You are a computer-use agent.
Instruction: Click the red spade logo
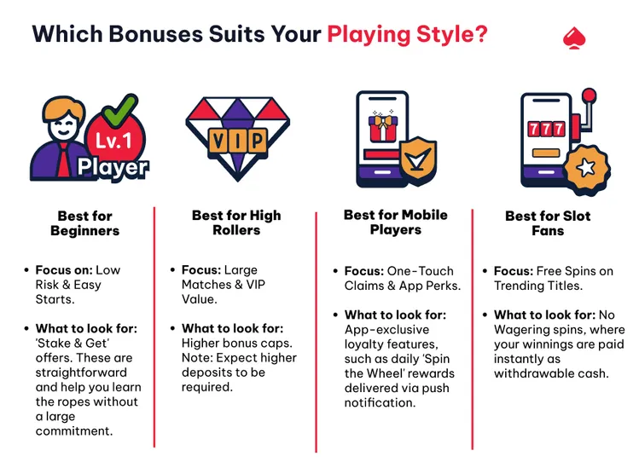click(574, 37)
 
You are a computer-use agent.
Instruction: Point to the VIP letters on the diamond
click(236, 139)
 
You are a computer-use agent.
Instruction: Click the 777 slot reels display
click(546, 130)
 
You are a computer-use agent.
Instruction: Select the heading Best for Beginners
click(84, 223)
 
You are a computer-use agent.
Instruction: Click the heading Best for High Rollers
click(236, 222)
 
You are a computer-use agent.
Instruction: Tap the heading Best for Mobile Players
click(395, 222)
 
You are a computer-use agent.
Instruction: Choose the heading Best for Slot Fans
click(547, 223)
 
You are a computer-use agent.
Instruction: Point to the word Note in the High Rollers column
click(197, 358)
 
